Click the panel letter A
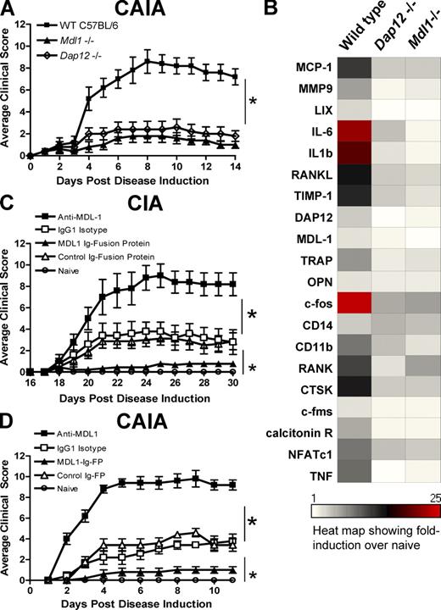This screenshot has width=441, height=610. tap(8, 11)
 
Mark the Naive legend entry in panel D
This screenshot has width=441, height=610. tap(72, 455)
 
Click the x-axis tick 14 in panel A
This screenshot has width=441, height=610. tap(235, 168)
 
